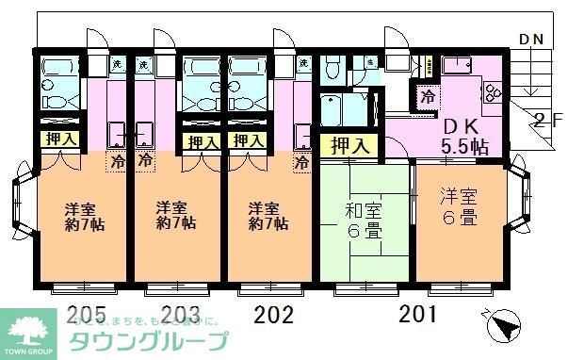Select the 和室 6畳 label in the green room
pos(365,219)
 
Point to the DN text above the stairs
pos(531,40)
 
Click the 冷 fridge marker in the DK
pos(429,95)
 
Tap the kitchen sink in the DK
pos(459,66)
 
